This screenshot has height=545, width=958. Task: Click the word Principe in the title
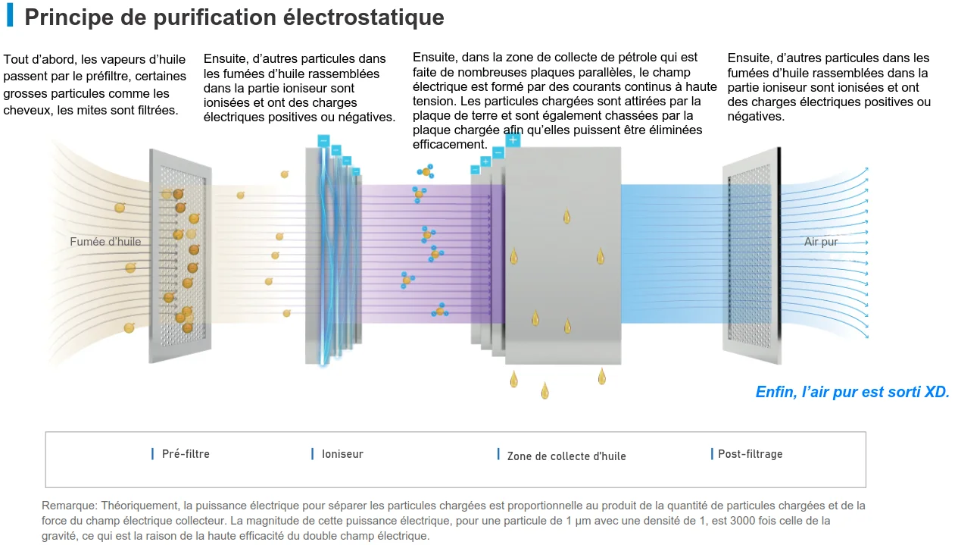tap(64, 17)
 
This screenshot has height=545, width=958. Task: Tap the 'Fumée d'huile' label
tap(105, 242)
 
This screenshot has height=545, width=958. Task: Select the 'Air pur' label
tap(821, 242)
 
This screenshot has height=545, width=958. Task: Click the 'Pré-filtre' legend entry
tap(186, 454)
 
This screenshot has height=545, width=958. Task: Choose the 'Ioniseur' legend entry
tap(342, 454)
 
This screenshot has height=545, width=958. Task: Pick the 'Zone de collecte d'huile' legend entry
tap(566, 456)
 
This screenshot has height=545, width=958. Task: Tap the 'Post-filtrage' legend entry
tap(750, 454)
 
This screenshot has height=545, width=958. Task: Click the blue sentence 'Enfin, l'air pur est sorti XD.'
tap(852, 392)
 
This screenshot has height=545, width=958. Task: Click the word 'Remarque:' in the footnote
tap(69, 506)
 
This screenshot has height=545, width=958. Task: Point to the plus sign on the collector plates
tap(513, 140)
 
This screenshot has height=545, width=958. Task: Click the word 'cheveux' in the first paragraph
tap(28, 111)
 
